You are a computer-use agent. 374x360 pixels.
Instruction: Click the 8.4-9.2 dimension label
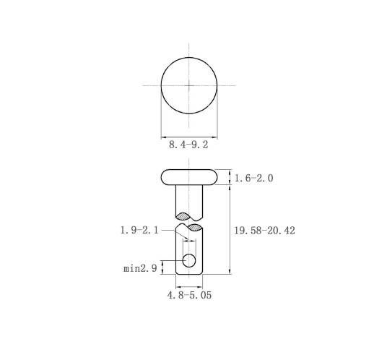click(x=188, y=145)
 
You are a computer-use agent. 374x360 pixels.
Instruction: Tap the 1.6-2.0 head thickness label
click(x=253, y=179)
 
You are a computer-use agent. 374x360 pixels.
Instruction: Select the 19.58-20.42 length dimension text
click(x=264, y=231)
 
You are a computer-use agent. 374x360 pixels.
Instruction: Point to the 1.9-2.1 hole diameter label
click(x=139, y=231)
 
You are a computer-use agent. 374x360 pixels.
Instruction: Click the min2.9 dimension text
click(x=140, y=268)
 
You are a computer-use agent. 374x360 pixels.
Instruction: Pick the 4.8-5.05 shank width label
click(x=189, y=295)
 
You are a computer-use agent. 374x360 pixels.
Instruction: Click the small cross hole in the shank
click(x=189, y=260)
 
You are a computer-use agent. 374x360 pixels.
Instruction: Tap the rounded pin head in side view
click(x=189, y=177)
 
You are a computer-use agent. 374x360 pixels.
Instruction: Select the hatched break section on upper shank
click(x=183, y=216)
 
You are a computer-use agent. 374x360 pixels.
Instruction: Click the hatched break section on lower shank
click(x=195, y=227)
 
